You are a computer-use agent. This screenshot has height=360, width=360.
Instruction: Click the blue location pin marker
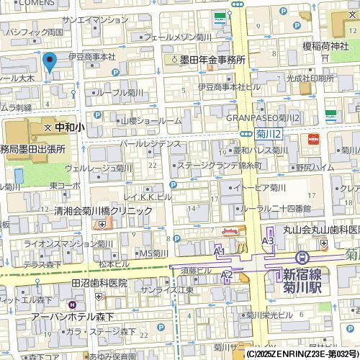(50, 63)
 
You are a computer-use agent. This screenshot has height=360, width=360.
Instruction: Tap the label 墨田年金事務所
(212, 60)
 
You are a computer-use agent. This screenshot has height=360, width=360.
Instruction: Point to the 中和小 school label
(70, 126)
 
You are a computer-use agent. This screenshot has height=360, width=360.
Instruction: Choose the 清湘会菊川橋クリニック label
(103, 211)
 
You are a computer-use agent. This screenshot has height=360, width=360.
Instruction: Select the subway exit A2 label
(227, 275)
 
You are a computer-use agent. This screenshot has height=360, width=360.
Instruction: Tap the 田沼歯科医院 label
(99, 283)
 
